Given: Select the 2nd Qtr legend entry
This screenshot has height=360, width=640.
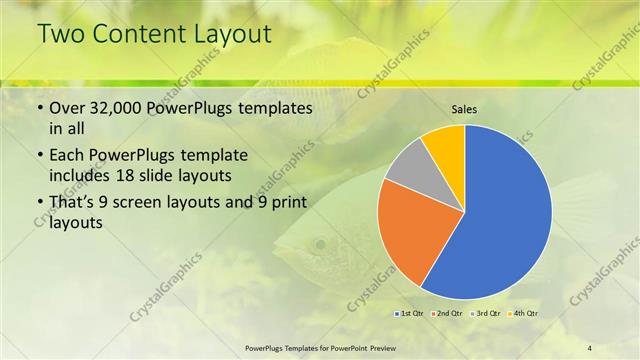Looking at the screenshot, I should pyautogui.click(x=446, y=314).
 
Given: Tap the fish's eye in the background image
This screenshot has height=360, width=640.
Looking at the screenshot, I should pyautogui.click(x=318, y=242).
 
